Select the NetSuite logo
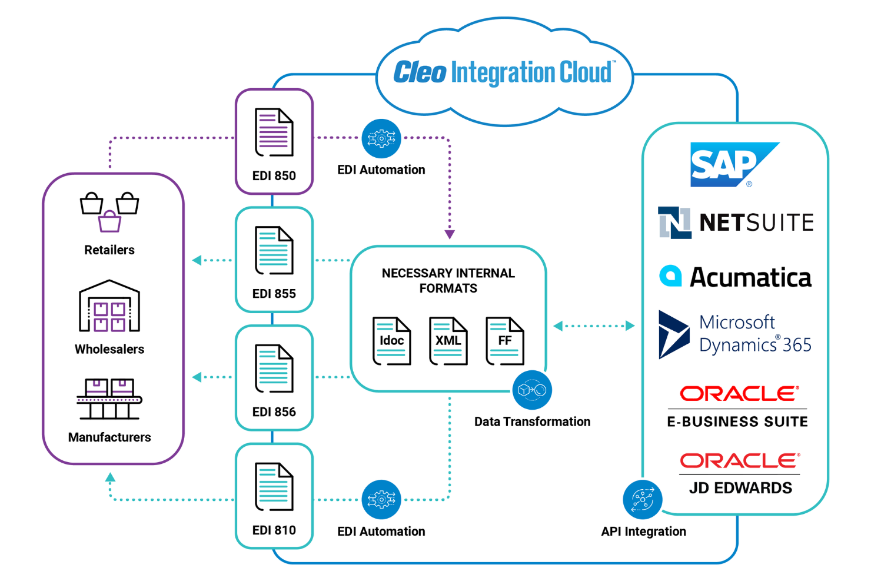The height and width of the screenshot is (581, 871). pos(735,223)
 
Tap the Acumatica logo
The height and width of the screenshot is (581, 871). pos(735,277)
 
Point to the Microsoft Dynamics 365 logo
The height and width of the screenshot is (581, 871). pos(735,334)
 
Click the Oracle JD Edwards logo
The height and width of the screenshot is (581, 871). pos(740,473)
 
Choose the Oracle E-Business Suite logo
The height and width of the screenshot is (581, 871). pos(737,407)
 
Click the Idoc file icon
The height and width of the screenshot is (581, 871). pos(391,341)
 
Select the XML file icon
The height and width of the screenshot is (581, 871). pos(448,341)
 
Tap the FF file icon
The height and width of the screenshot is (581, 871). pos(504,341)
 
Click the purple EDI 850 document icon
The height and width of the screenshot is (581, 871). pos(274,132)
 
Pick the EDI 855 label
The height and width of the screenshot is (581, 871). pos(274,294)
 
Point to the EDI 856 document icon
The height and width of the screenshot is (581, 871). pos(274,368)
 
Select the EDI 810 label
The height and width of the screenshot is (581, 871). pos(274,530)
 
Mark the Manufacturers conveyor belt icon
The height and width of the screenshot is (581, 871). pos(109,399)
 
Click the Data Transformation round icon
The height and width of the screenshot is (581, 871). pos(532,390)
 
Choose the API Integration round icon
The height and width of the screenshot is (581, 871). pos(642,500)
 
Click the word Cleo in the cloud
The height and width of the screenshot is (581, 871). pos(420,72)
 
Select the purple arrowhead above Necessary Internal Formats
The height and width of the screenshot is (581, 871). pos(450,234)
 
